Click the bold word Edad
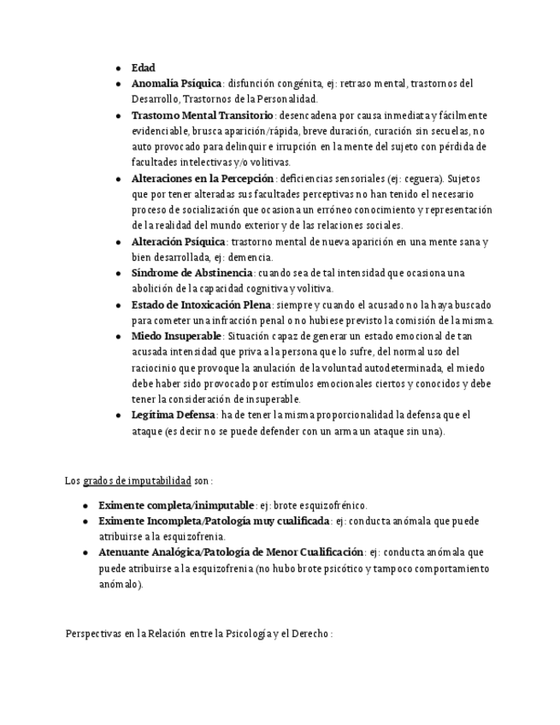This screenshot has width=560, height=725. [143, 68]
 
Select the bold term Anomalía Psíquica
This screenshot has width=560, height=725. [176, 84]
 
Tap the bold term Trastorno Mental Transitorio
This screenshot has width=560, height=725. [202, 115]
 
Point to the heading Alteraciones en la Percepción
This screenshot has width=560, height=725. [203, 179]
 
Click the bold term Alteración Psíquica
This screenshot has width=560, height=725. [178, 242]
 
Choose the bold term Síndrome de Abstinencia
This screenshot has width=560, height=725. [192, 274]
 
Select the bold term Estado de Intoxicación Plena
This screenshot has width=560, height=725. [201, 305]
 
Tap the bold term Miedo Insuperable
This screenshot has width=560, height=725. [176, 336]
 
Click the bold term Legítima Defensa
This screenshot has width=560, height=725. [172, 416]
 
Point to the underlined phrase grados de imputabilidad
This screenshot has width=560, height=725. [137, 480]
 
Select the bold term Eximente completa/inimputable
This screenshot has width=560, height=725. [176, 505]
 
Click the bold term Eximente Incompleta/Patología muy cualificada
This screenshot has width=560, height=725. [214, 521]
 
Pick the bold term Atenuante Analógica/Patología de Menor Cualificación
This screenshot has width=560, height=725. [231, 552]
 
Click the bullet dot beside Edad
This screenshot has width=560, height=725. [119, 68]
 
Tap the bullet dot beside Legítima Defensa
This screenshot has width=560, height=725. [119, 416]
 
